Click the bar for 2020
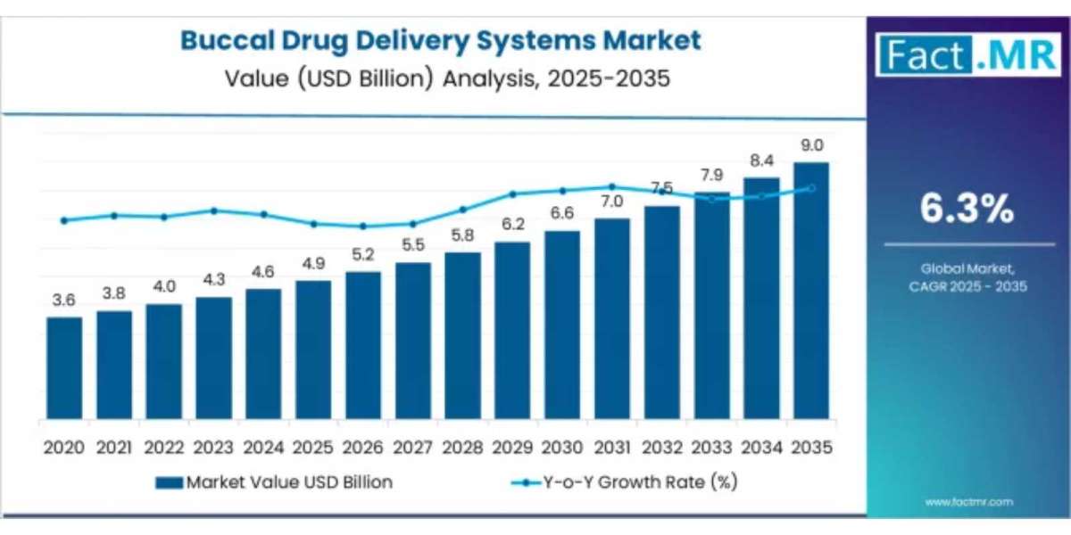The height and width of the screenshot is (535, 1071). (64, 368)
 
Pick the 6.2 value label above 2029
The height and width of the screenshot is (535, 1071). (512, 225)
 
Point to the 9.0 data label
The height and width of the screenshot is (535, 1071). (811, 145)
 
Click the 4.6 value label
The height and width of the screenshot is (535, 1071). (263, 272)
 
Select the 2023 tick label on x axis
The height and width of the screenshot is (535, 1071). (213, 447)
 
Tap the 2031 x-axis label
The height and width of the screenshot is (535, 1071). (612, 447)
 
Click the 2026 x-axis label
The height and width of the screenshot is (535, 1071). (363, 447)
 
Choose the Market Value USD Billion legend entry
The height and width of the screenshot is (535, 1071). (274, 482)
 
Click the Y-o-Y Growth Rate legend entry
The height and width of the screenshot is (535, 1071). (625, 482)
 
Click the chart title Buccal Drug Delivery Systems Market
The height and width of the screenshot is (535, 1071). (441, 40)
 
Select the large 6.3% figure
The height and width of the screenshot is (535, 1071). (968, 210)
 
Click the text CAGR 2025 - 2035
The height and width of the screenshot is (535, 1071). (968, 287)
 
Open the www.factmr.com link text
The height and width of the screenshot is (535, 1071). (968, 502)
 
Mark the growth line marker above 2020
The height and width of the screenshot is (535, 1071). (63, 220)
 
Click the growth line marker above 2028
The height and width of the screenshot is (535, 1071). (462, 210)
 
